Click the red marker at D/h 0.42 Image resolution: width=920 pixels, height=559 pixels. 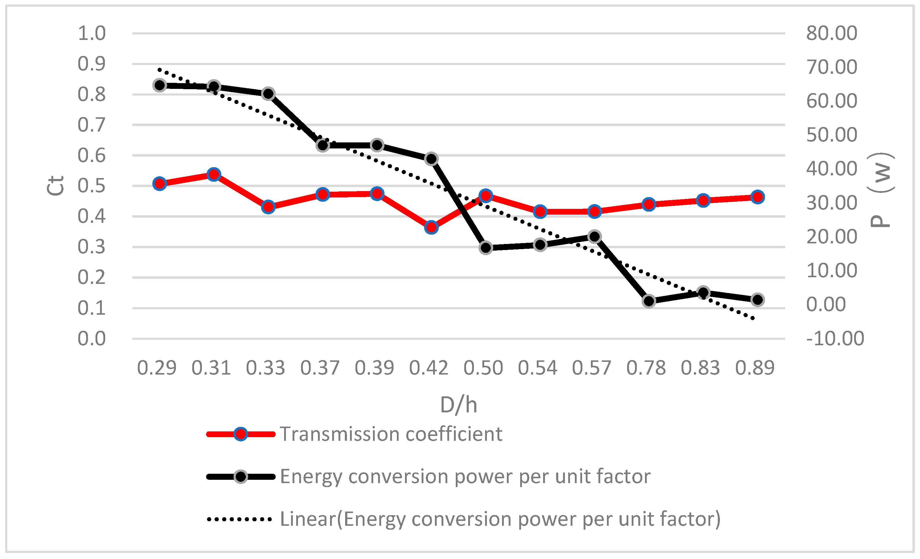coord(431,227)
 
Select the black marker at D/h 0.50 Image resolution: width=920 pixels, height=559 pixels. coord(486,248)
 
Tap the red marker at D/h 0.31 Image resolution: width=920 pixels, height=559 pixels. coord(214,174)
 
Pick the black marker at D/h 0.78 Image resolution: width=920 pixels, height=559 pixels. coord(649,301)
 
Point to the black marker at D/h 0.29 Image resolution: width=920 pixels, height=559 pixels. coord(160,85)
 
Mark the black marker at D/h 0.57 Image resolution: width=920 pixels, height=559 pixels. coord(594,236)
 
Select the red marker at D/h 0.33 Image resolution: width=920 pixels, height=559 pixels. coord(268,206)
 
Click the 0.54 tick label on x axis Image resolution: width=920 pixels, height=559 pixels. coord(537,368)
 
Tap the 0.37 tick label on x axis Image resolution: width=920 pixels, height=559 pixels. coord(320,368)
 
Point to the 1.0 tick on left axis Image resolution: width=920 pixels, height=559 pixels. coord(92,33)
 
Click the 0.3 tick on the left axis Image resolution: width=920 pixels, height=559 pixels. coord(92,247)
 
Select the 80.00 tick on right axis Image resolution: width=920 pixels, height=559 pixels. coord(831,33)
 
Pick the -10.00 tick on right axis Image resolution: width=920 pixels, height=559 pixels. coord(835,339)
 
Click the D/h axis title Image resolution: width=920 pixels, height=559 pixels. coord(458,405)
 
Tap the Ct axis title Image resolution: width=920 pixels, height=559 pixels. coord(55,186)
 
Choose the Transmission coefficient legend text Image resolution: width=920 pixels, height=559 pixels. coord(391,434)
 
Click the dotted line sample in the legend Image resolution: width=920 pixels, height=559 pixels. coord(239,519)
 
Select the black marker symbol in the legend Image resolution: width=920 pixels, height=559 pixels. coord(241,476)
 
